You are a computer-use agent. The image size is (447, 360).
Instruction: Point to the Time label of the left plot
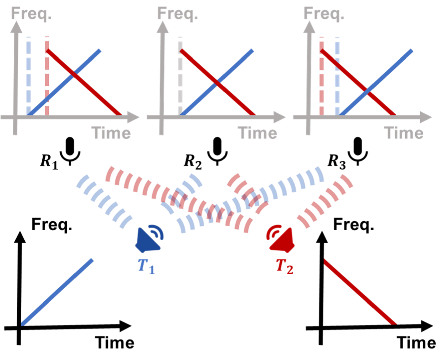coord(111,133)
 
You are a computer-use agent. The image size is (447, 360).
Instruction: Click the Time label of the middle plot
coord(257,133)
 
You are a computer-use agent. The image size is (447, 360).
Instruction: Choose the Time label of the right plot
coord(403,133)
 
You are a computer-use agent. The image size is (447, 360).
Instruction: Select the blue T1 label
coord(146,266)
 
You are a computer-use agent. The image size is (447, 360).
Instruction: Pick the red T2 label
coord(285,266)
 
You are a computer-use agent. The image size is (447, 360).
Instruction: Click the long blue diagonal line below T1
coord(57,291)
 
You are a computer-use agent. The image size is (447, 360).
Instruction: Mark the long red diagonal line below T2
coord(360,291)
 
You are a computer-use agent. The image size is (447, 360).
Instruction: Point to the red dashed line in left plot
coord(47,76)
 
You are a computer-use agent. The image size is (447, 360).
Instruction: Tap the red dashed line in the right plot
coord(321,76)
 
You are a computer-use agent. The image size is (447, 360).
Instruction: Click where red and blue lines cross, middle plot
coord(216,82)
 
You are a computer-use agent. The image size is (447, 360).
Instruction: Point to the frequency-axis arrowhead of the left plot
coord(17,28)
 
